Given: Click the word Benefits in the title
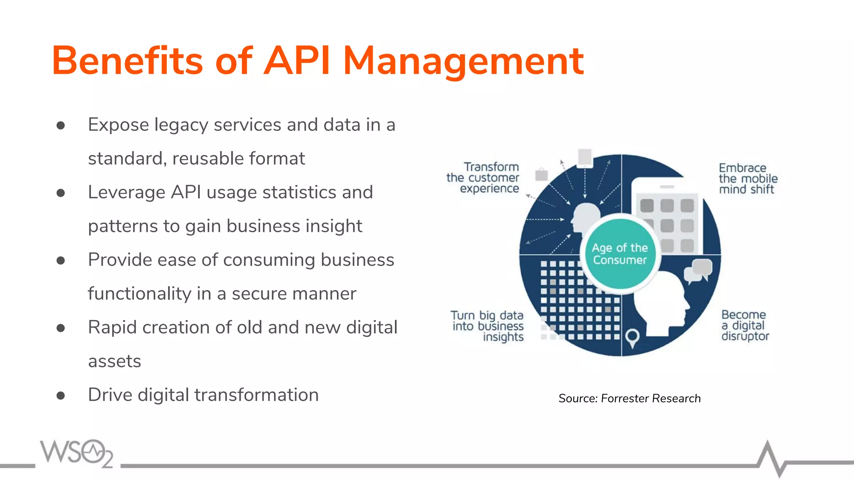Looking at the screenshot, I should (x=127, y=61).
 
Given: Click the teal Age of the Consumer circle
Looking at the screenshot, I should (x=620, y=254).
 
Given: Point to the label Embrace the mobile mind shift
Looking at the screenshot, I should (x=748, y=179).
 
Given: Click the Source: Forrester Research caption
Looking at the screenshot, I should (x=629, y=398).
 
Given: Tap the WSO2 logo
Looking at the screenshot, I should (x=77, y=453).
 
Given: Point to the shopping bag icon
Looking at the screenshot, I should (x=541, y=174).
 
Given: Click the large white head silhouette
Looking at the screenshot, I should (x=661, y=304).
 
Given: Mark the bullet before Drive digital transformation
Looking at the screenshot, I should (x=61, y=395).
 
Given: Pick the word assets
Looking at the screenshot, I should (x=115, y=361).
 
